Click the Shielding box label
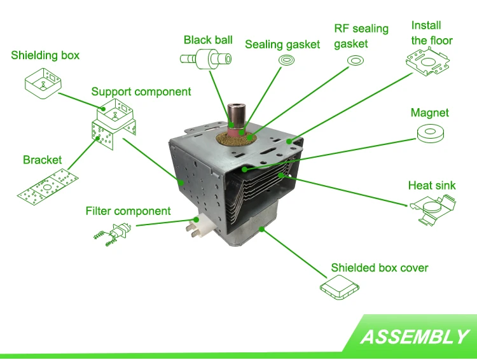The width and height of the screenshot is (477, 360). click(45, 55)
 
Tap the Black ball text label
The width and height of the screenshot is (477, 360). click(208, 40)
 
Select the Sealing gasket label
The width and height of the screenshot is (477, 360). click(282, 45)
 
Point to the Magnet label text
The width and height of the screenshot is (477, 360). click(429, 113)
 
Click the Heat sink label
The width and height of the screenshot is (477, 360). click(432, 186)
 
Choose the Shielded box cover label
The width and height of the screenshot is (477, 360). click(380, 268)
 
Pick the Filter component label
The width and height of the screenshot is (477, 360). click(128, 211)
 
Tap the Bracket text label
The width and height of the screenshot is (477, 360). click(43, 160)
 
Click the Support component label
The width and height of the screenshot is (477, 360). click(141, 92)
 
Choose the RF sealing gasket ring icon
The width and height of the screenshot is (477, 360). click(354, 61)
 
